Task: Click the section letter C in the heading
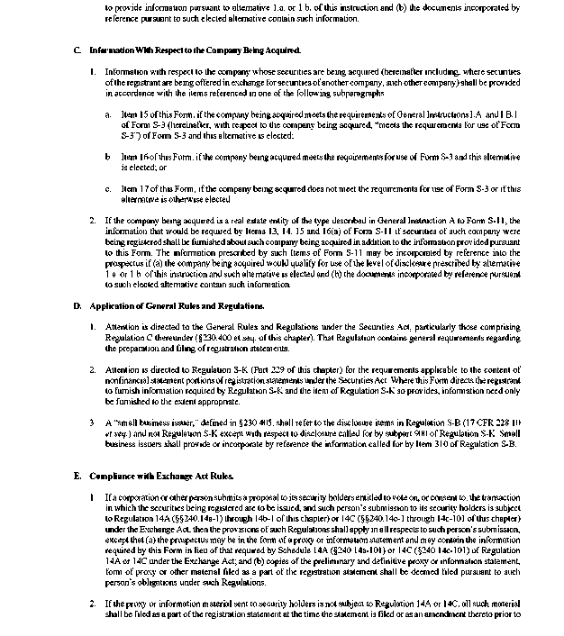pos(77,50)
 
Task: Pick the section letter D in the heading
pos(77,305)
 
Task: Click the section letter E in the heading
pos(77,475)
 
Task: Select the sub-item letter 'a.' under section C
pos(108,114)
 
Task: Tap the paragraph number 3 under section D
pos(93,421)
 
